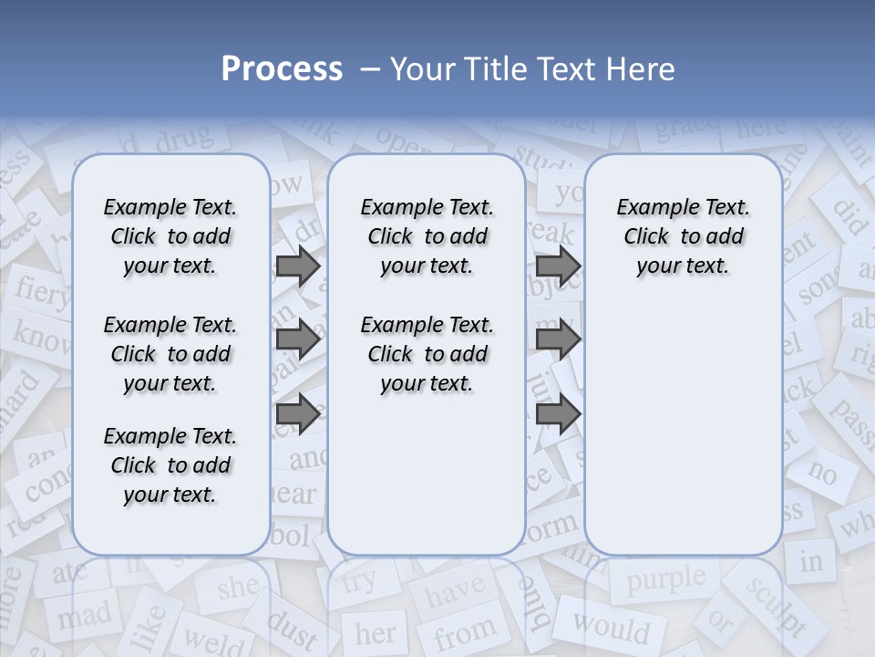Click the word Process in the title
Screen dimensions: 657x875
tap(282, 69)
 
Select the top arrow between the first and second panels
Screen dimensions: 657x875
tap(298, 266)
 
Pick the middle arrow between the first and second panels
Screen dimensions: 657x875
tap(298, 340)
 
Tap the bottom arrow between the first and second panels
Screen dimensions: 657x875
tap(298, 413)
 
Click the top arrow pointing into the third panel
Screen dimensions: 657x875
tap(559, 266)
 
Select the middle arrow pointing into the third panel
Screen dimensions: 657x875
tap(559, 340)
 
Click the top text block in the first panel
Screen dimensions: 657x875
tap(170, 236)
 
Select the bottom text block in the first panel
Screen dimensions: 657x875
tap(170, 465)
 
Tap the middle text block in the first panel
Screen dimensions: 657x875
tap(170, 354)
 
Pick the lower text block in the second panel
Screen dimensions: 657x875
tap(427, 354)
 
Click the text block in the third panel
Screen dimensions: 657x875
tap(683, 236)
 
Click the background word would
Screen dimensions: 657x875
tap(611, 628)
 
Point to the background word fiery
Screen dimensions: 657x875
tap(41, 290)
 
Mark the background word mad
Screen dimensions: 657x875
tap(84, 620)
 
